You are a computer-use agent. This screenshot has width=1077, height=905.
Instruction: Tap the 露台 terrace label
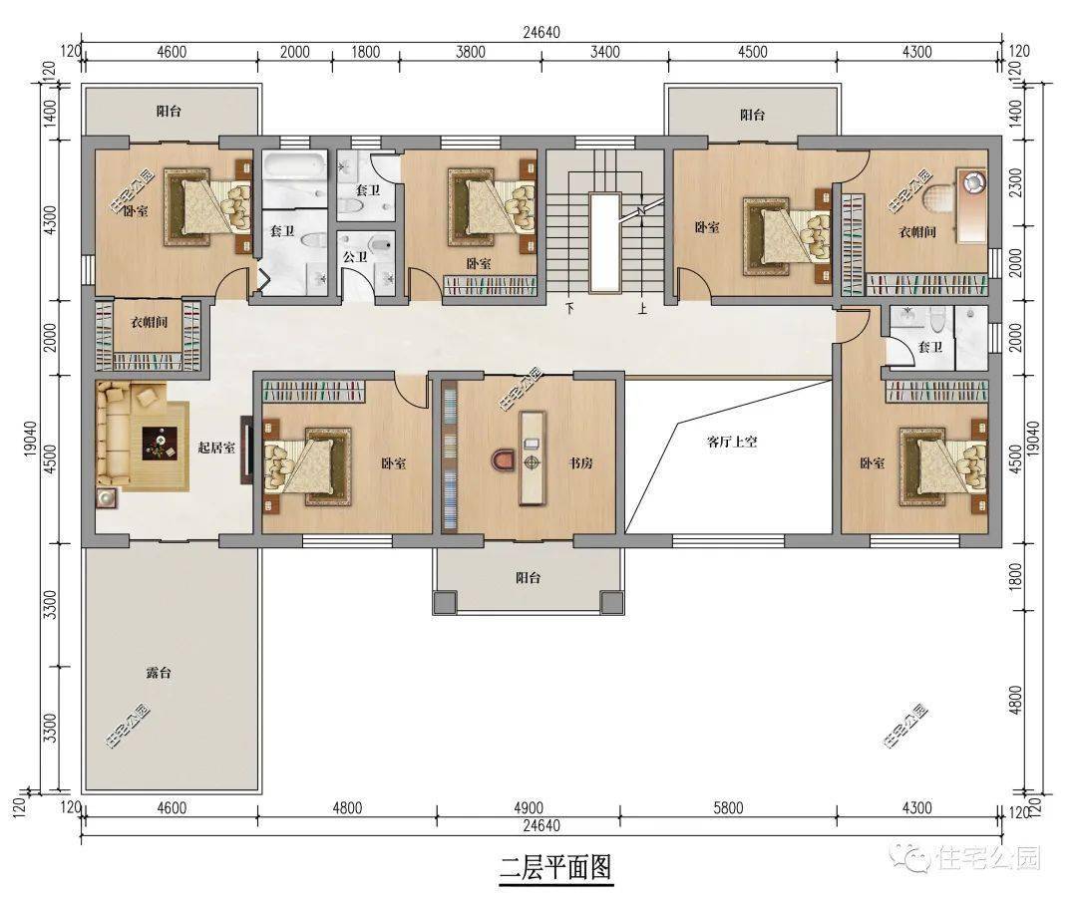click(x=158, y=673)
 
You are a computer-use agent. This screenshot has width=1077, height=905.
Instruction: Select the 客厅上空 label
click(x=732, y=441)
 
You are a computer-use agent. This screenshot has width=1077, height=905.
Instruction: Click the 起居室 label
click(x=216, y=448)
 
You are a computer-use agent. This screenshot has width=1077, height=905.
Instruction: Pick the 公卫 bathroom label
click(x=355, y=256)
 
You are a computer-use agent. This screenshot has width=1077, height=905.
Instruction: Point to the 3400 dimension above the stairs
click(x=605, y=52)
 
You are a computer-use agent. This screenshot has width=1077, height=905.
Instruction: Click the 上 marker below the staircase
click(x=643, y=308)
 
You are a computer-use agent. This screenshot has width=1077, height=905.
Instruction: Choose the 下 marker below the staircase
click(x=570, y=308)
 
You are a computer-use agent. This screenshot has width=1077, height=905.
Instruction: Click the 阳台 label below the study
click(x=528, y=578)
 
